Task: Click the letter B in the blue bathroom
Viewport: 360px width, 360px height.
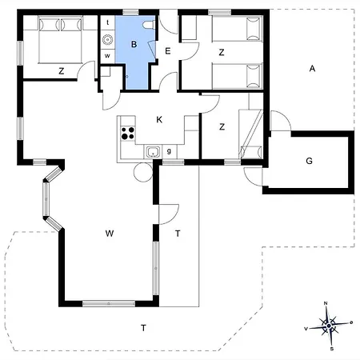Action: point(134,44)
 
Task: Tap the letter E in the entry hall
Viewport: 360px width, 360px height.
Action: point(168,50)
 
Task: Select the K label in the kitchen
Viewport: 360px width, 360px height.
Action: point(159,120)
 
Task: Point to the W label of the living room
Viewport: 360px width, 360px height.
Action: point(110,234)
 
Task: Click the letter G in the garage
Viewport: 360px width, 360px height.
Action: point(309,161)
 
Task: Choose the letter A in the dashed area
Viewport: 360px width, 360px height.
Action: point(312,69)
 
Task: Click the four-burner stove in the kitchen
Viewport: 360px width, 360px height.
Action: point(128,133)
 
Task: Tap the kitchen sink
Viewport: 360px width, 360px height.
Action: point(153,152)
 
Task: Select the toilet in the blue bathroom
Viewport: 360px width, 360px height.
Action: point(149,25)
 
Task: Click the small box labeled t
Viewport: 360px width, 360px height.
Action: point(108,22)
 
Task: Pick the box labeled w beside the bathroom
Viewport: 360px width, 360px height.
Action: point(107,56)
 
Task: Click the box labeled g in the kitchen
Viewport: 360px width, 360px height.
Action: point(169,151)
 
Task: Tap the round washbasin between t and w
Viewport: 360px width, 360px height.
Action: point(108,39)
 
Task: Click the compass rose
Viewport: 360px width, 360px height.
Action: point(329,326)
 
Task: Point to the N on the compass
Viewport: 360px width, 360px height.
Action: point(326,303)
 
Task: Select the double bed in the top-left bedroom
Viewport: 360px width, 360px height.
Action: point(60,39)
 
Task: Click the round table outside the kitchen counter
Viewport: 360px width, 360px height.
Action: point(143,173)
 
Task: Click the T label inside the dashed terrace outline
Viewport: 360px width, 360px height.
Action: point(143,328)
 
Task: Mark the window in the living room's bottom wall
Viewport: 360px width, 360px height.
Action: point(109,303)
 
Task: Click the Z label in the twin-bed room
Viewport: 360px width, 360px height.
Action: point(222,53)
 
